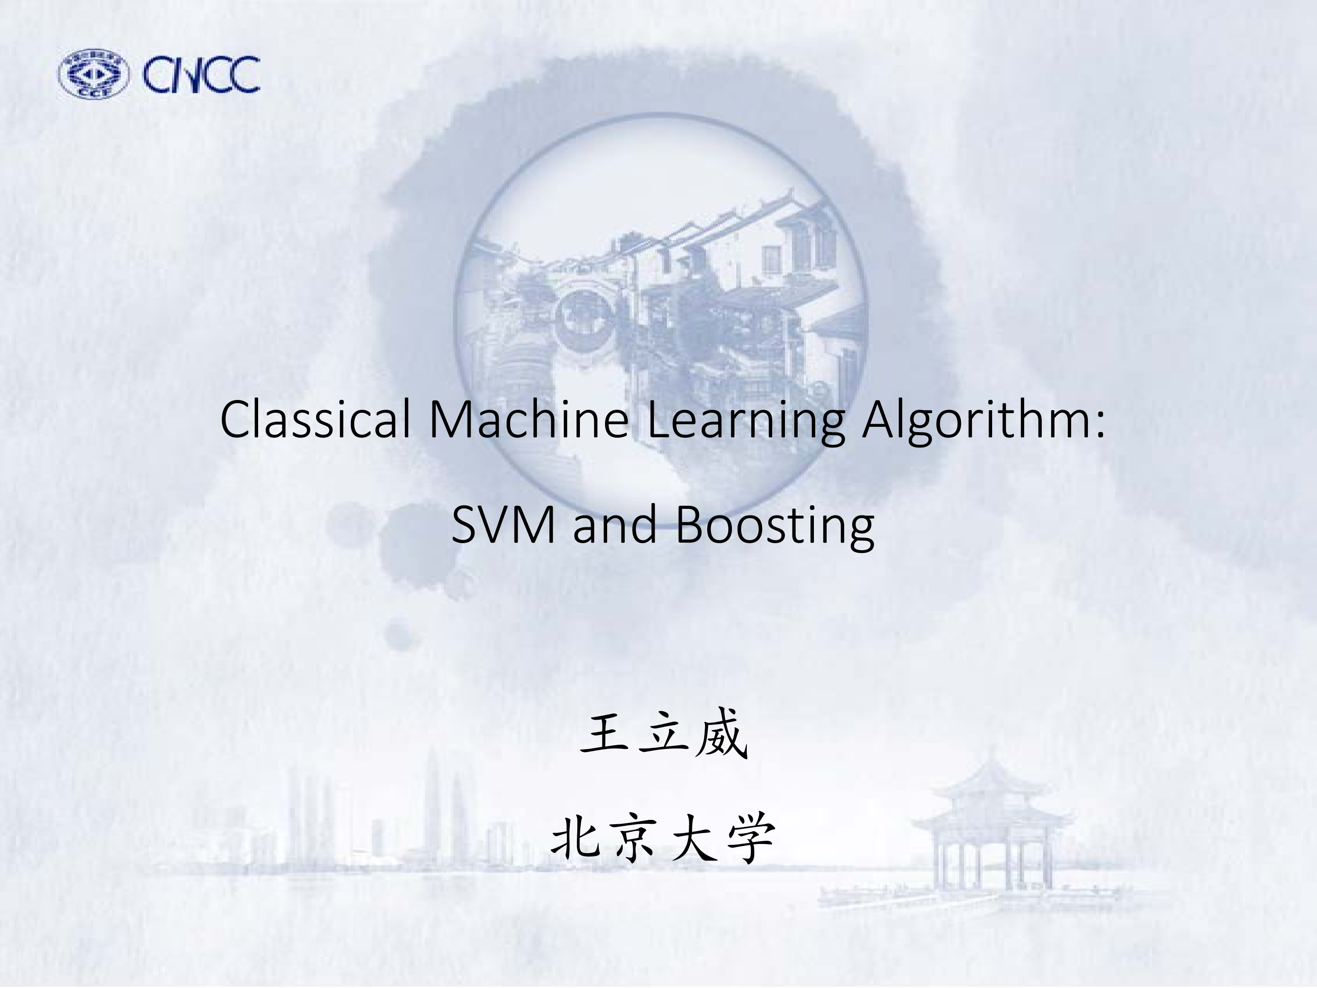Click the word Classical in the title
coord(315,419)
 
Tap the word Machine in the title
coord(529,419)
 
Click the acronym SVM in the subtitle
coord(503,525)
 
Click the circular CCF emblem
coord(94,74)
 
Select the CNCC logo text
coord(201,75)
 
